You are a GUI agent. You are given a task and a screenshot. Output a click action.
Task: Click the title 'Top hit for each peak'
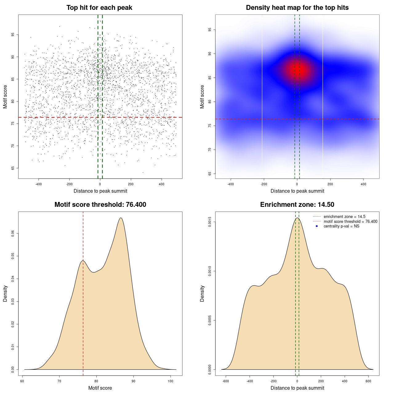tap(99, 8)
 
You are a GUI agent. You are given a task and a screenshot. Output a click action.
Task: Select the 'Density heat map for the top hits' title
tap(297, 8)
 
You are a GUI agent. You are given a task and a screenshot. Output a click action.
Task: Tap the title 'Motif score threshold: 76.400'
tap(100, 205)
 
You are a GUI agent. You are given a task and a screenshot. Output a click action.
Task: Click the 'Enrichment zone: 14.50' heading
tap(297, 205)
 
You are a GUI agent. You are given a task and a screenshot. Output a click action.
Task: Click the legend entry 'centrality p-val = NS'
tap(341, 226)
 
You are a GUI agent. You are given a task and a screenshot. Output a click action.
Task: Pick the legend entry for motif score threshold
tap(350, 222)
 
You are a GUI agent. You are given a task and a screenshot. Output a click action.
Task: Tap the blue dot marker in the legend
tap(317, 226)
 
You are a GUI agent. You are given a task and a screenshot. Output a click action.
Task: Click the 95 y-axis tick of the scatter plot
tap(13, 35)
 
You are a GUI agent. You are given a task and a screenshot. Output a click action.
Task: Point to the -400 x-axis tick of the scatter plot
tap(38, 184)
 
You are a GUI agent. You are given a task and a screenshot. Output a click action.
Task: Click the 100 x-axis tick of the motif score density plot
tap(170, 381)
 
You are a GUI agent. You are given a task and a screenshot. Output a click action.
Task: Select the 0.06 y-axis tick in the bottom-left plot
tap(13, 234)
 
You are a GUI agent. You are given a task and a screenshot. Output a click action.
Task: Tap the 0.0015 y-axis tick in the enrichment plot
tap(210, 222)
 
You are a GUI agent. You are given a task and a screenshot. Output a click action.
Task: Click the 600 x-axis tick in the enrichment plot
tap(368, 381)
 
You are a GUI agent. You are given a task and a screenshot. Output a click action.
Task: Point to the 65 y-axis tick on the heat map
tap(210, 174)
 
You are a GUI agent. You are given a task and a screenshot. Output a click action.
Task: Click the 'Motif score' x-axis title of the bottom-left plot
tap(100, 388)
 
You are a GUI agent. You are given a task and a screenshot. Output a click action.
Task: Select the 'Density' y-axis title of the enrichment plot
tap(202, 293)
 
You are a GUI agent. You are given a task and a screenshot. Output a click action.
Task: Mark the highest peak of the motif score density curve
tap(121, 218)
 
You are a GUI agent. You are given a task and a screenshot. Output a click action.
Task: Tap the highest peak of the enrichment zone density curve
tap(297, 218)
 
